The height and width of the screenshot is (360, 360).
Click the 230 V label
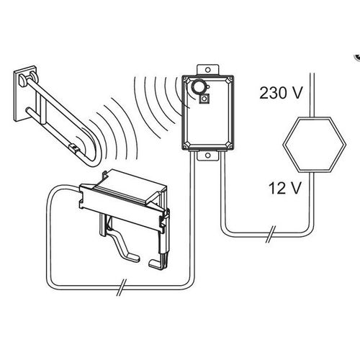(x=281, y=93)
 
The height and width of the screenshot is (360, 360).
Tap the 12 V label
(x=284, y=188)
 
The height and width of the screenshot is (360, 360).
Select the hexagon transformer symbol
(x=314, y=145)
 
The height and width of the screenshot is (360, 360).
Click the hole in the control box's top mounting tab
(x=208, y=70)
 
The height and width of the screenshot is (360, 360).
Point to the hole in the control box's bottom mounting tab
(x=208, y=156)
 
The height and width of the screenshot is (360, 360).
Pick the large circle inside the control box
(x=199, y=87)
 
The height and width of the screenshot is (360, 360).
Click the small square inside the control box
(x=204, y=99)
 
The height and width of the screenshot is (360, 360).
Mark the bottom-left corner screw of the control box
(x=186, y=145)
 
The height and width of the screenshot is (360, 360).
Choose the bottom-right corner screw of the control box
(x=230, y=145)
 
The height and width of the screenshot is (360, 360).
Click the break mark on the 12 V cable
(x=270, y=234)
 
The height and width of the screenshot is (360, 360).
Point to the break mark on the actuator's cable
(x=122, y=287)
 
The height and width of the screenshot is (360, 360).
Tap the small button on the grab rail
(x=73, y=147)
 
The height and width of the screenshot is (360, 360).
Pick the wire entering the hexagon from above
(x=312, y=95)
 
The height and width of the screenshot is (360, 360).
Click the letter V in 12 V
(x=295, y=188)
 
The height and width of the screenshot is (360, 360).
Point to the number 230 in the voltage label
(x=273, y=93)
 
